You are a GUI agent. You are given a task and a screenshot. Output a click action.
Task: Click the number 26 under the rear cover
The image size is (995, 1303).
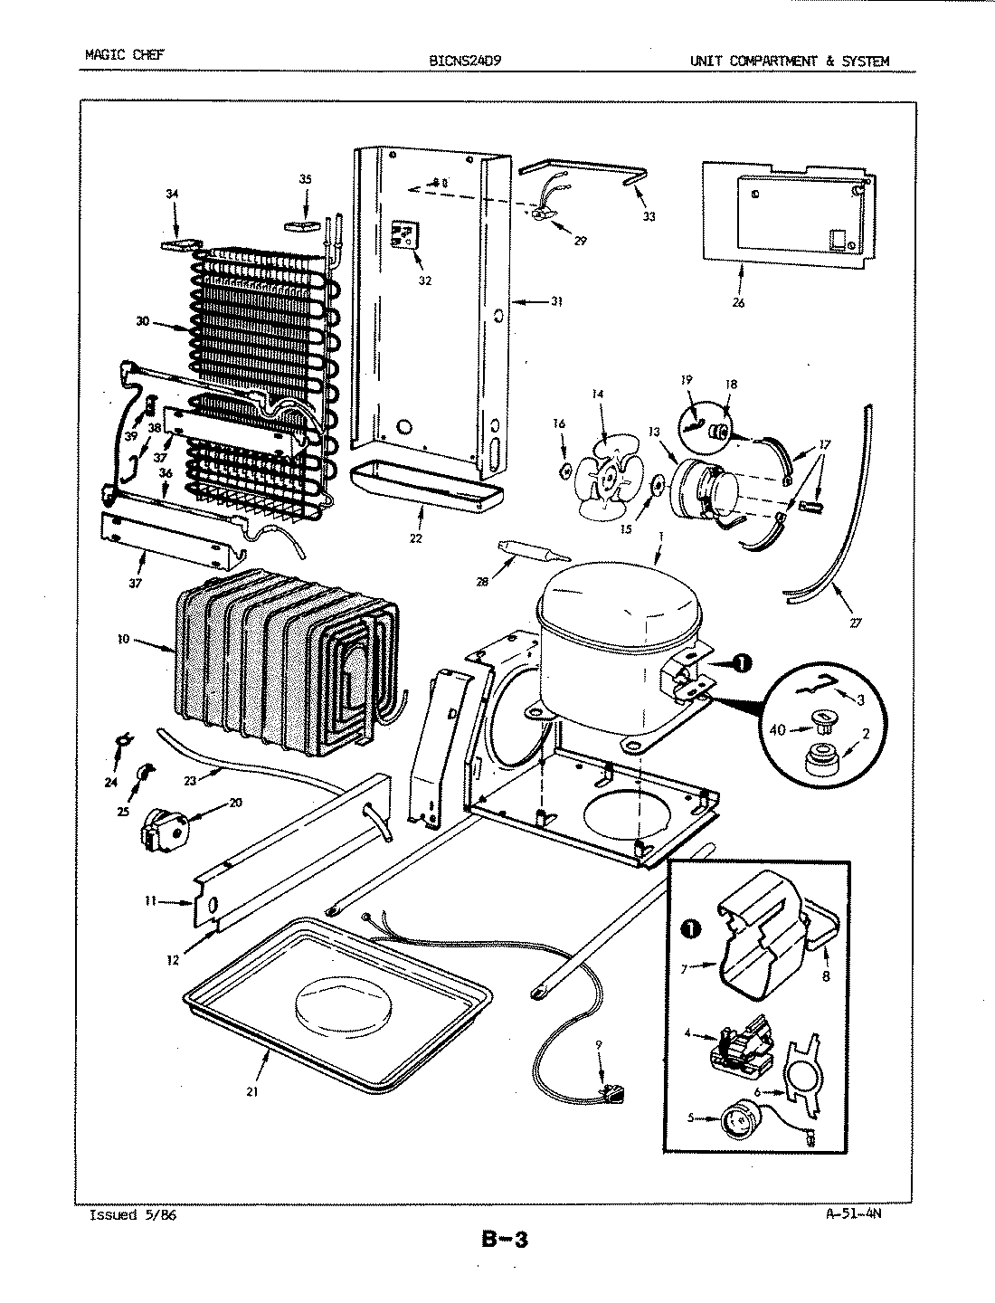[x=738, y=303]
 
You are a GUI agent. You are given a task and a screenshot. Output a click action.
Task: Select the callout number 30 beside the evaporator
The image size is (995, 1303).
[x=143, y=322]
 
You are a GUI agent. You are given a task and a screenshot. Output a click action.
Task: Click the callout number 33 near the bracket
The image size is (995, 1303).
[x=649, y=216]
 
